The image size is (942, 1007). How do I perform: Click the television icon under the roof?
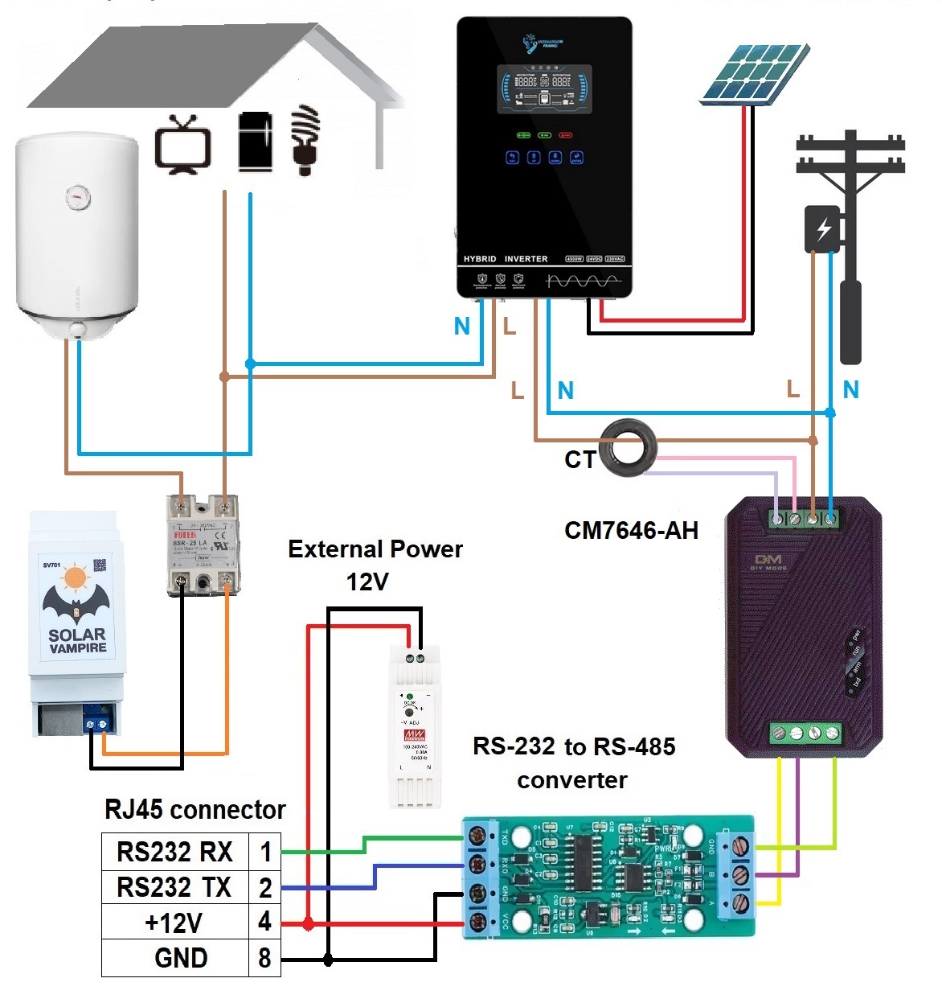[x=183, y=145]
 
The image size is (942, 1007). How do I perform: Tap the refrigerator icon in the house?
[x=255, y=142]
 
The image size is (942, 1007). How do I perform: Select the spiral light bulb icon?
[x=305, y=138]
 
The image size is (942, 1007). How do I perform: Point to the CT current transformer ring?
[x=630, y=445]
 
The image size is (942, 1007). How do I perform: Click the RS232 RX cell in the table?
[x=174, y=852]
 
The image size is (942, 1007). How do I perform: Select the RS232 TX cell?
[x=174, y=887]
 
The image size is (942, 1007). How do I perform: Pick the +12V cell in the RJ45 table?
[x=174, y=923]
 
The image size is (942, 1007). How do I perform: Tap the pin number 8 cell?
[x=264, y=958]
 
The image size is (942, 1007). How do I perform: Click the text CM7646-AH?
[x=631, y=531]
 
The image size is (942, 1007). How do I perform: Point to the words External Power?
[x=375, y=549]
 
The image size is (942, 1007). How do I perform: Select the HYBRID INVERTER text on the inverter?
[x=506, y=259]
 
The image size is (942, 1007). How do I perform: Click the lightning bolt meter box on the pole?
[x=823, y=230]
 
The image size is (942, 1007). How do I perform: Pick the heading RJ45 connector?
[x=195, y=809]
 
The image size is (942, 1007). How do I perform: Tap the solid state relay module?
[x=204, y=545]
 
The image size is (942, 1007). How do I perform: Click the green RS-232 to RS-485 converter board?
[x=609, y=877]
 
